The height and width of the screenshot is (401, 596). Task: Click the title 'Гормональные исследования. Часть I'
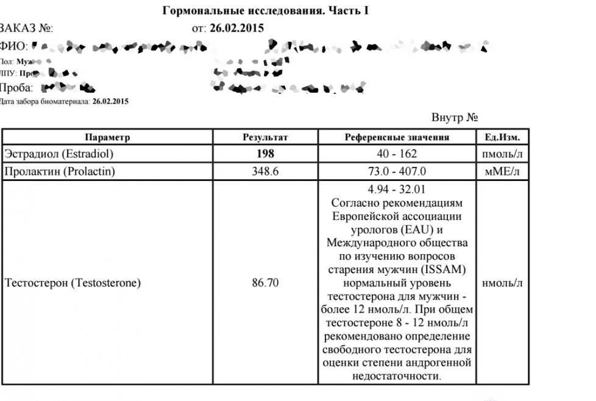(x=266, y=11)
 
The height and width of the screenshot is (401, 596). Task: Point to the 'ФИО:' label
(x=13, y=46)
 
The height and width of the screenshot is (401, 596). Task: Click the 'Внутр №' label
(x=453, y=118)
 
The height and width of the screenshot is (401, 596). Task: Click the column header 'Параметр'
(x=107, y=138)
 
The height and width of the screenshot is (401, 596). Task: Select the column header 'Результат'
(x=265, y=138)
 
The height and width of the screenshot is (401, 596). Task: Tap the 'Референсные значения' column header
(x=397, y=138)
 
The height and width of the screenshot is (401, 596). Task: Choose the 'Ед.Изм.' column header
(x=502, y=138)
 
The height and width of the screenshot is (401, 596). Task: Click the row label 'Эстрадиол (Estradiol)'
(x=59, y=154)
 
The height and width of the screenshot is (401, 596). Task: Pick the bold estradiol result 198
(x=265, y=154)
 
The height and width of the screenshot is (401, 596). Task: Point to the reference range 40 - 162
(x=397, y=154)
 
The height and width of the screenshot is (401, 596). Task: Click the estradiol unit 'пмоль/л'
(x=502, y=154)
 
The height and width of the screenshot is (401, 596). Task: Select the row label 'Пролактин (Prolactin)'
(x=60, y=172)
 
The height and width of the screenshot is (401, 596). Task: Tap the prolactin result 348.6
(x=265, y=172)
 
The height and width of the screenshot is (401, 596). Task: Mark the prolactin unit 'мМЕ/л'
(x=502, y=172)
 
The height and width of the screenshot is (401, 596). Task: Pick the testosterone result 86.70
(x=265, y=283)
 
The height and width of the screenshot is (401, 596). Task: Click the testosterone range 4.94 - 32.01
(x=397, y=190)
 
